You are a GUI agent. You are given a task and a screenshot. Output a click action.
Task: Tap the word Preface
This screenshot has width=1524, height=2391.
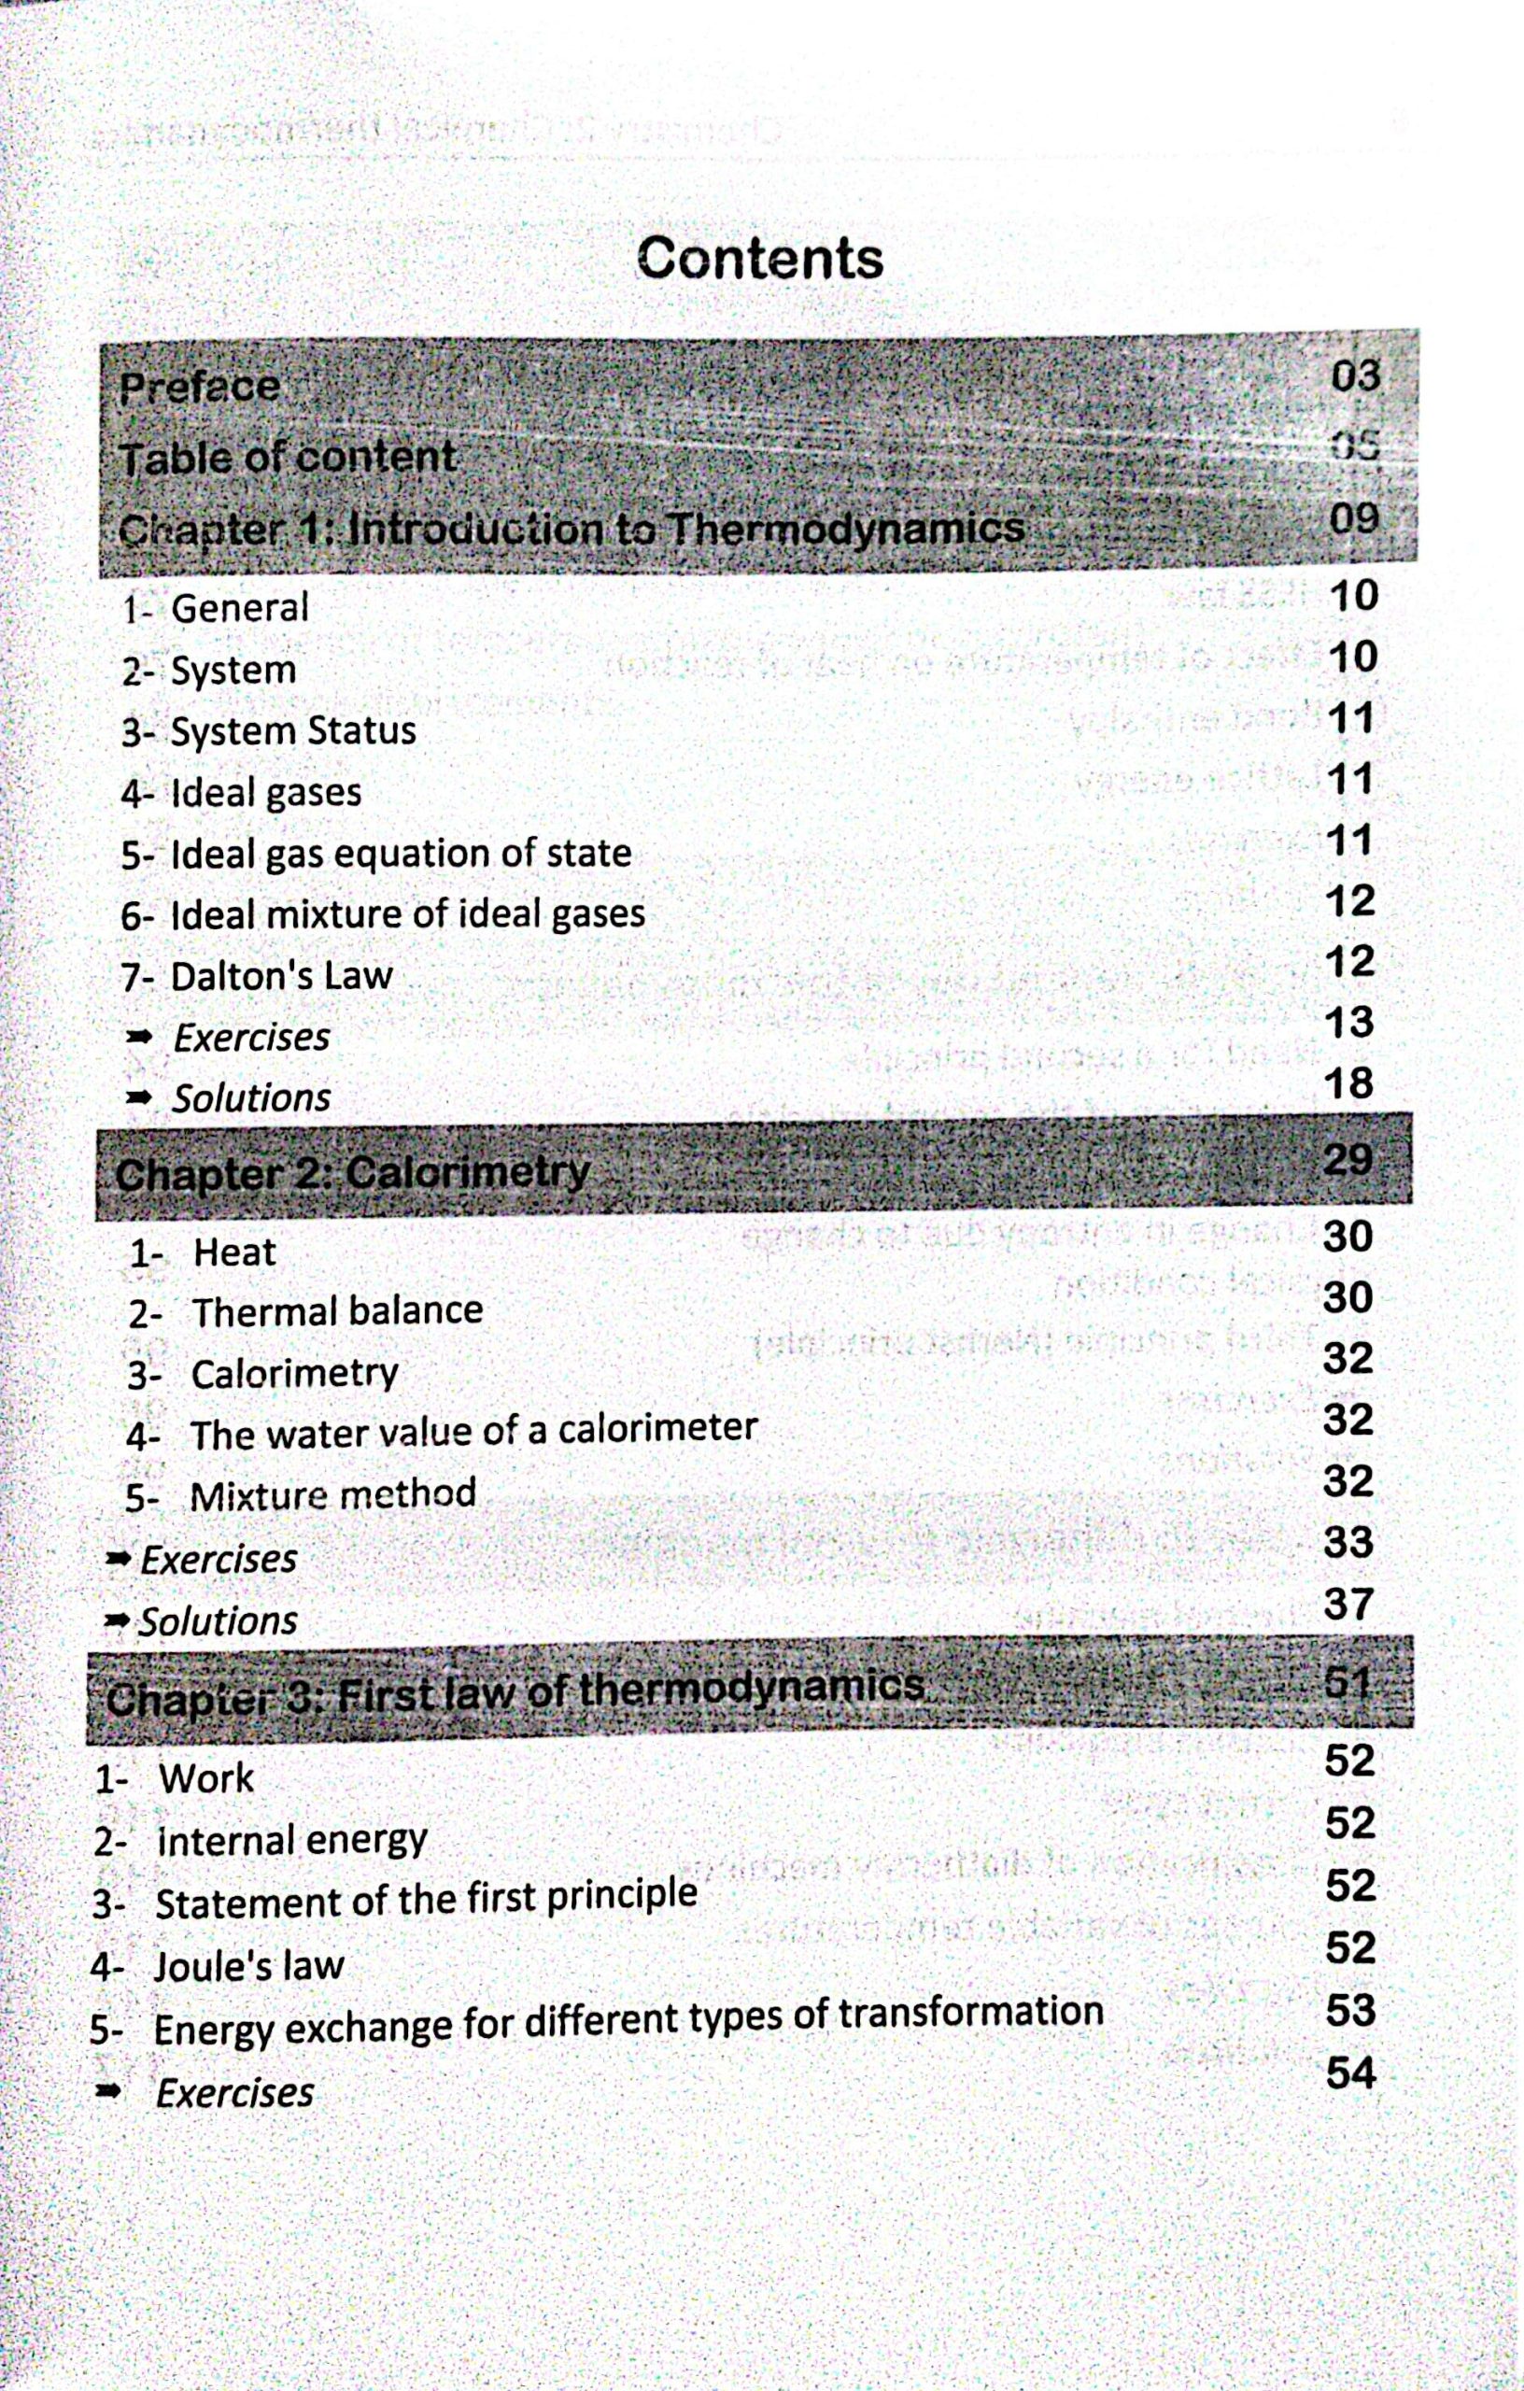coord(200,387)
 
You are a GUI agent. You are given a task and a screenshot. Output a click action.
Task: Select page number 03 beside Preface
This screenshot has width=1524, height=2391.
coord(1355,376)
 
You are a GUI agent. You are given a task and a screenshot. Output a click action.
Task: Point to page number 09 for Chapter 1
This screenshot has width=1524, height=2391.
coord(1355,518)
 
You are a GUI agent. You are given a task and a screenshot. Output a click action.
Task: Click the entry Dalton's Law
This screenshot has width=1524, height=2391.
coord(281,976)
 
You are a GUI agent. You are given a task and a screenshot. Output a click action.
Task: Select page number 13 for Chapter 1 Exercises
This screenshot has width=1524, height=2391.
coord(1350,1022)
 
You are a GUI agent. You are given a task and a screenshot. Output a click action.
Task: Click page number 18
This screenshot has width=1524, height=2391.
coord(1350,1082)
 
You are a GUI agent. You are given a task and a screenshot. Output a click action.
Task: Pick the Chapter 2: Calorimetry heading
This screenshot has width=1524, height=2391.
coord(352,1174)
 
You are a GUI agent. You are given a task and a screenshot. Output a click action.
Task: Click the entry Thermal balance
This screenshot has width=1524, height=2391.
coord(336,1311)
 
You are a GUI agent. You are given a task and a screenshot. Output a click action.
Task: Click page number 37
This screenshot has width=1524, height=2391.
coord(1348,1604)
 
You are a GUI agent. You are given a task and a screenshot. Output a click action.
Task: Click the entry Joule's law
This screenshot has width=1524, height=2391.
coord(248,1965)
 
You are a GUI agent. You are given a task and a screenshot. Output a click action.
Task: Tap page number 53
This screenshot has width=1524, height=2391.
coord(1350,2010)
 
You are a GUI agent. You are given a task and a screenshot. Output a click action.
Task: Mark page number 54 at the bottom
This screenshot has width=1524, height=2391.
coord(1350,2073)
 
